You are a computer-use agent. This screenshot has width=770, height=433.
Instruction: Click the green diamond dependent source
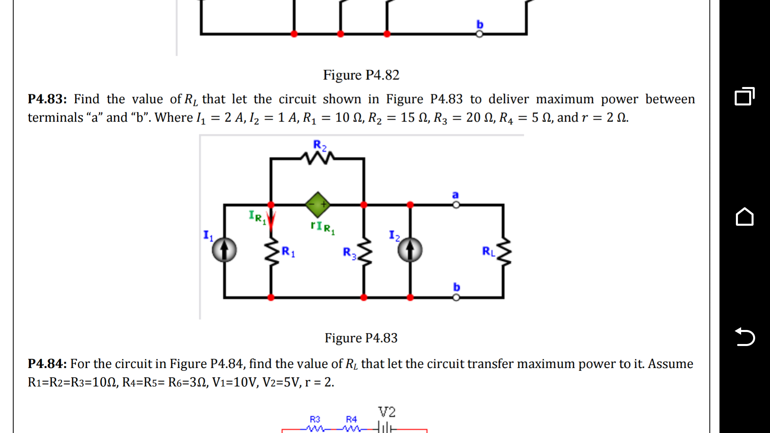318,204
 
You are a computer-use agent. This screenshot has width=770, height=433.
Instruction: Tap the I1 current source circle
224,250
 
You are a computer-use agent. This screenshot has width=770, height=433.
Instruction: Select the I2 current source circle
410,250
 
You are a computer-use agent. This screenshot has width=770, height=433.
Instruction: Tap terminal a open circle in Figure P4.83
456,205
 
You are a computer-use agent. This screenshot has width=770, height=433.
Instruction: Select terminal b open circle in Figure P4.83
456,297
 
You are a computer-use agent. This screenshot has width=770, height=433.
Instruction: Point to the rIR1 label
322,227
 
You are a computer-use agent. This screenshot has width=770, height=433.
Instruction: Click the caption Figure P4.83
361,338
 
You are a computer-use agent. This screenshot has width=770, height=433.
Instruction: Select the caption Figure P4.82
361,75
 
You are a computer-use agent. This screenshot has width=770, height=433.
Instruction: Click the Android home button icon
745,217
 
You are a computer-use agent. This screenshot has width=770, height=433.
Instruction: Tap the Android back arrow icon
745,337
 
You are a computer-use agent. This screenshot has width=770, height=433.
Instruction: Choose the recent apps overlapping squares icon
745,97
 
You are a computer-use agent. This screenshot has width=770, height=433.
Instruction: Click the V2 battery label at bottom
387,412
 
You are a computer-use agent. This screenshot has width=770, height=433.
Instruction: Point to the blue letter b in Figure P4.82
480,24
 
